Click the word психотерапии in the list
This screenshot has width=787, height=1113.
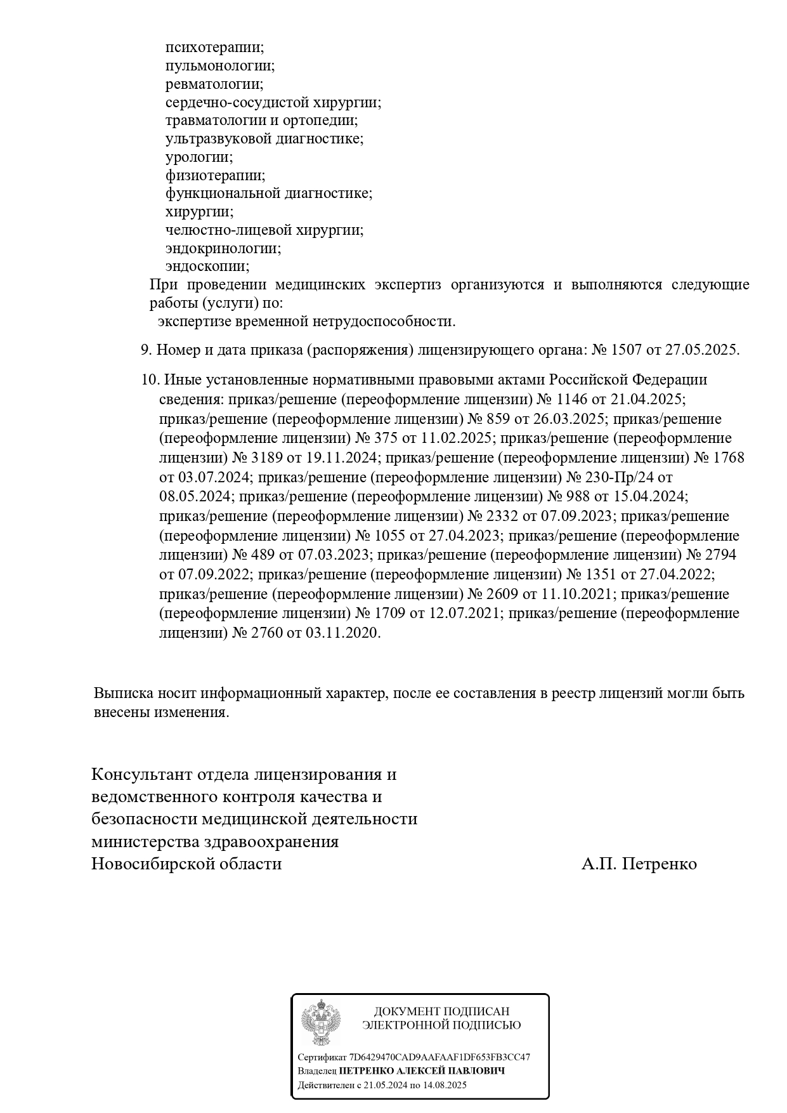(214, 48)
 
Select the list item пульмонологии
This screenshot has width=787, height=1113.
(219, 66)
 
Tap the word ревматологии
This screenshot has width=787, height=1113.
(214, 84)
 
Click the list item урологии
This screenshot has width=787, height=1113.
(198, 157)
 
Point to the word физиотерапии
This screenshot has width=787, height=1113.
(215, 176)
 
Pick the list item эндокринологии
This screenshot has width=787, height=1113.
(223, 249)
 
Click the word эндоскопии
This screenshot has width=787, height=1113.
(207, 267)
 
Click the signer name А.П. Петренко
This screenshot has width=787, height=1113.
(639, 864)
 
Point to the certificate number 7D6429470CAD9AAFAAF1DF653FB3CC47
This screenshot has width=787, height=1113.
(439, 1057)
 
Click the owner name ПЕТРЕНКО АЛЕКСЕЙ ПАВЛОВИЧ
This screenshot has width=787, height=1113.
(422, 1071)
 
